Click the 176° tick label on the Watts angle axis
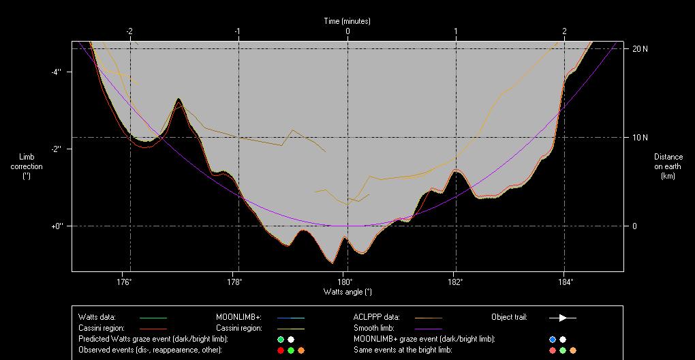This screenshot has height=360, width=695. [124, 282]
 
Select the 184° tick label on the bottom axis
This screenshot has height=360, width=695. [565, 282]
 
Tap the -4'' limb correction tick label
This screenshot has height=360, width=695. [57, 72]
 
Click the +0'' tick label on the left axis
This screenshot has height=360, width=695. [57, 226]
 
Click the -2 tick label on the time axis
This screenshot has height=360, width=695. [128, 31]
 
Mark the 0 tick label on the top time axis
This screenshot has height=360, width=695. [347, 31]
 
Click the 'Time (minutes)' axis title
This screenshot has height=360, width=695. [347, 21]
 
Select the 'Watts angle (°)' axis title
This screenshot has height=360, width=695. [347, 292]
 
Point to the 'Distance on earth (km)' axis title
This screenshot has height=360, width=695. [668, 166]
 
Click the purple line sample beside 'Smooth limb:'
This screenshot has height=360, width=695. [428, 328]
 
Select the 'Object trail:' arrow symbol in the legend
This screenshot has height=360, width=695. [563, 317]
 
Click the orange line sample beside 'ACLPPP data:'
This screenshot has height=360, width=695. [428, 317]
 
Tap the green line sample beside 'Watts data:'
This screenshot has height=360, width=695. [153, 317]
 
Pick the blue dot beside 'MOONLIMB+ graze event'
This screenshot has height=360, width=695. [553, 339]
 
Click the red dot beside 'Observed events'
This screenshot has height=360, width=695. [280, 350]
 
